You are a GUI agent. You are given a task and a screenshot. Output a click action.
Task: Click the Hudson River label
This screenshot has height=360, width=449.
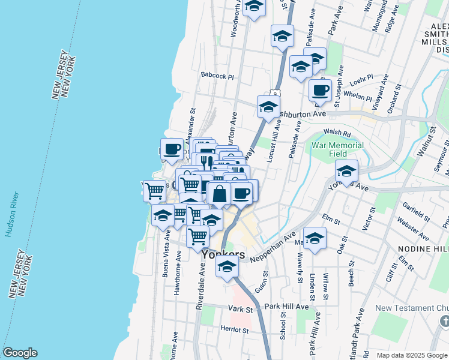[9, 214]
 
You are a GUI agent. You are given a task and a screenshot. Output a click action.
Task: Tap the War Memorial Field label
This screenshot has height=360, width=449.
[337, 149]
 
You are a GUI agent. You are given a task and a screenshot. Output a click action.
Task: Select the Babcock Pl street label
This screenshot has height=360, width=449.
[217, 76]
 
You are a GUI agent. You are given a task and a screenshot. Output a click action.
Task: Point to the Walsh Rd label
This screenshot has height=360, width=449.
[337, 133]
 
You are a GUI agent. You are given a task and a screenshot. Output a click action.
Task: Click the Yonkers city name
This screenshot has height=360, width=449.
[223, 254]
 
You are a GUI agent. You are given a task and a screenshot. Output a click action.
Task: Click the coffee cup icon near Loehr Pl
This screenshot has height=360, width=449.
[320, 90]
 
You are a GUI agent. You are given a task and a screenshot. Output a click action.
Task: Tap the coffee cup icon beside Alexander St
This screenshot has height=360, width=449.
[172, 149]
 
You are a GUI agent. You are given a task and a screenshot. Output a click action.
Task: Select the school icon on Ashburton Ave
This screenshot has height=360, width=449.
[268, 107]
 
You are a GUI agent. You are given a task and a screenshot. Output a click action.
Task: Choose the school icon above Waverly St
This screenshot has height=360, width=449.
[315, 238]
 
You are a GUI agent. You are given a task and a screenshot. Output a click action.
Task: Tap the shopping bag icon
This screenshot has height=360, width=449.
[220, 193]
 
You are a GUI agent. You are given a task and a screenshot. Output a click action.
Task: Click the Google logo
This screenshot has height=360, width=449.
[20, 353]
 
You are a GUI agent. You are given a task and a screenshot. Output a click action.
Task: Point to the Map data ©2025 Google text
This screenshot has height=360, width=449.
[412, 355]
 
